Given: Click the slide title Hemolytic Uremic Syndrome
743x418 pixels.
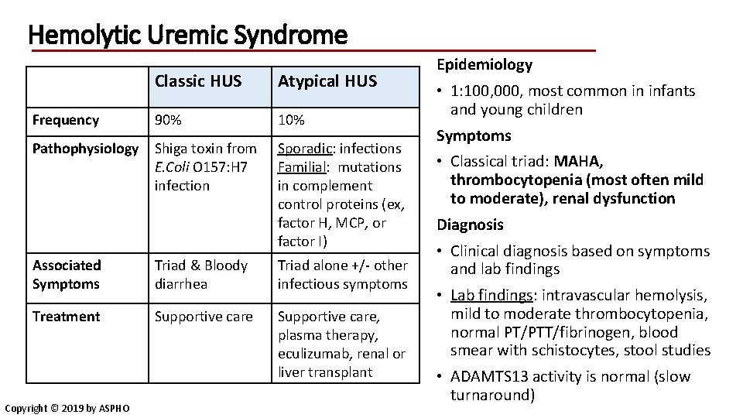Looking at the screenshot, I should pos(187,35).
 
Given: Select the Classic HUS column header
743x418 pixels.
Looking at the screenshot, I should pos(198,81).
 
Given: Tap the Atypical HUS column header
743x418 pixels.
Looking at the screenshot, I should pos(327,81).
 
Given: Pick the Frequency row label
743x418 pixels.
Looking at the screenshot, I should pos(66,120).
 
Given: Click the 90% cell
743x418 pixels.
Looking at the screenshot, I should pos(169,120).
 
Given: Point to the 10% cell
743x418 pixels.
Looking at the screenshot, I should pos(291,120).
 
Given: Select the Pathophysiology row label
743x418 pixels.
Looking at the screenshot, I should pos(86,148).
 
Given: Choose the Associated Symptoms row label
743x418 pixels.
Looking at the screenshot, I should pos(67,274).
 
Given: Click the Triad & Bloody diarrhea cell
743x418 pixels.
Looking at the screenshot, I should pos(201,274).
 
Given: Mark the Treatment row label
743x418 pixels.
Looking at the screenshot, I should pos(66,317).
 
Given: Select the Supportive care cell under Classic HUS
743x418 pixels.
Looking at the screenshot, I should pos(204,317).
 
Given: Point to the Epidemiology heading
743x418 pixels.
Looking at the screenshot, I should pos(485,65).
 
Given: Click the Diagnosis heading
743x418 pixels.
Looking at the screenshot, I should pos(471,225).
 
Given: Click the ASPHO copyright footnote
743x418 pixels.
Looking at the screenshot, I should pos(66,408).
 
